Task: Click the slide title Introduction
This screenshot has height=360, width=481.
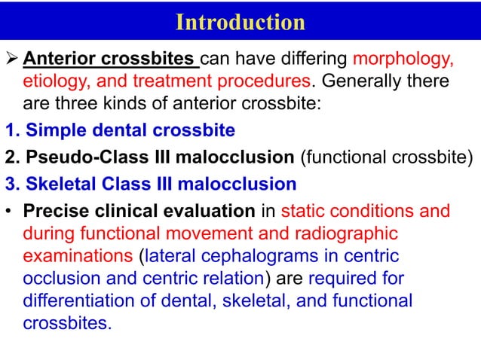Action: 240,22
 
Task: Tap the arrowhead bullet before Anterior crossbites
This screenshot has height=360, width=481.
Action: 12,59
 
